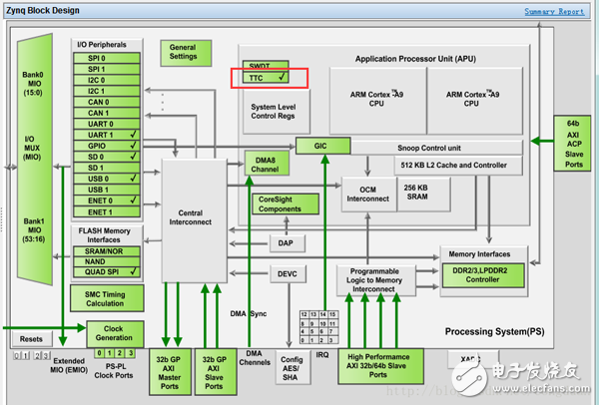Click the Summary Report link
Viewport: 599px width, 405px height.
[x=554, y=12]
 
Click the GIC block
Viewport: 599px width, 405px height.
[x=320, y=146]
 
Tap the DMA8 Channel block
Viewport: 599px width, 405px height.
[x=265, y=165]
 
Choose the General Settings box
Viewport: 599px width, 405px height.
[x=183, y=53]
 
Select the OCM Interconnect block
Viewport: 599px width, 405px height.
[x=368, y=191]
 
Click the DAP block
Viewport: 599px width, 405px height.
[x=286, y=242]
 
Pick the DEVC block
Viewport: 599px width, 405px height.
[x=286, y=272]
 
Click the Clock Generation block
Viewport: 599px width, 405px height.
[x=115, y=332]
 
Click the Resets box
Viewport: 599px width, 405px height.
[x=31, y=339]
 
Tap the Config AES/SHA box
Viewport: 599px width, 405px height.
[x=292, y=368]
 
